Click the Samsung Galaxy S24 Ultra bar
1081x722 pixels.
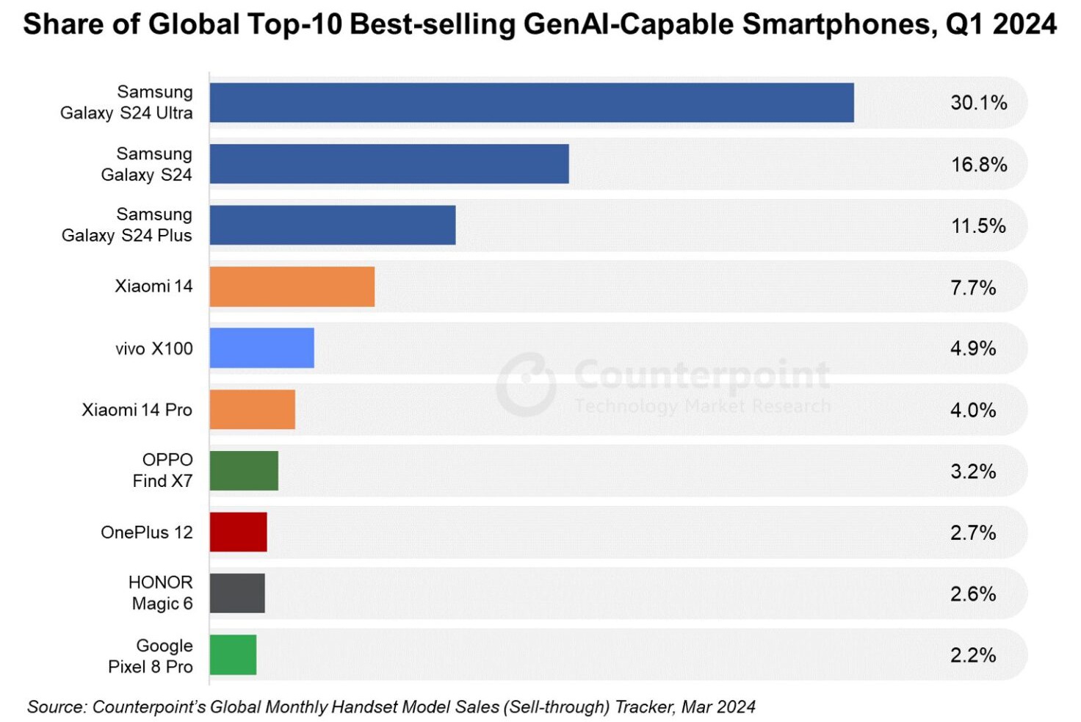531,103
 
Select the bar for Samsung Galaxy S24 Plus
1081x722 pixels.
332,225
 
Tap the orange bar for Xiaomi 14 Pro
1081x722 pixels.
252,410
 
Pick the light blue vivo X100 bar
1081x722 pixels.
261,348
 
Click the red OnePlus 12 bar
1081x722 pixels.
238,533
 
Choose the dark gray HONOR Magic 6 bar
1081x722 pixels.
237,593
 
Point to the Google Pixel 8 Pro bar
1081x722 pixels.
233,655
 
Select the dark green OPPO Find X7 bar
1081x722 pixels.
244,471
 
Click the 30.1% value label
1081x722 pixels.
978,103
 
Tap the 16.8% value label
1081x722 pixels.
978,165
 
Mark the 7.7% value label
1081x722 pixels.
972,287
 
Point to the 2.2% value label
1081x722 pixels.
972,655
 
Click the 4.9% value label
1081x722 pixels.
972,348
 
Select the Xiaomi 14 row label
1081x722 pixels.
153,286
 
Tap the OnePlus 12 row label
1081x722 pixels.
146,533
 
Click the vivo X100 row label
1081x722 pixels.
153,349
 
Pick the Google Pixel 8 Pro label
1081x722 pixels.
151,656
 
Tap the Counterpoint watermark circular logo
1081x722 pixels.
526,384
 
